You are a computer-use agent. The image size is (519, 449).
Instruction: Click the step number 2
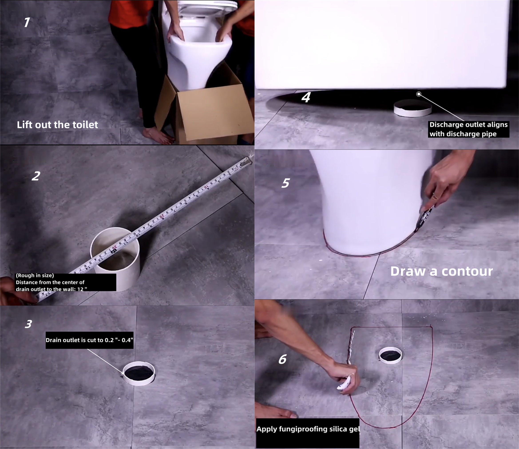coord(36,176)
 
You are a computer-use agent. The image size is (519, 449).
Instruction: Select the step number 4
coord(306,97)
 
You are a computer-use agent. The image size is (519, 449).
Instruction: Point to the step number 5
coord(285,183)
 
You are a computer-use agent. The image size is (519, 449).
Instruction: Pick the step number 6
coord(282,359)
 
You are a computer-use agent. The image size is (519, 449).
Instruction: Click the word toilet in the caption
coord(85,125)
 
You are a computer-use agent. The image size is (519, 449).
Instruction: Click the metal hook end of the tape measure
coord(246,162)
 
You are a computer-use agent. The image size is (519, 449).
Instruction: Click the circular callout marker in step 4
coord(419,94)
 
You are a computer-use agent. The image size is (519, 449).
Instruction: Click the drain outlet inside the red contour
coord(390,355)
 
